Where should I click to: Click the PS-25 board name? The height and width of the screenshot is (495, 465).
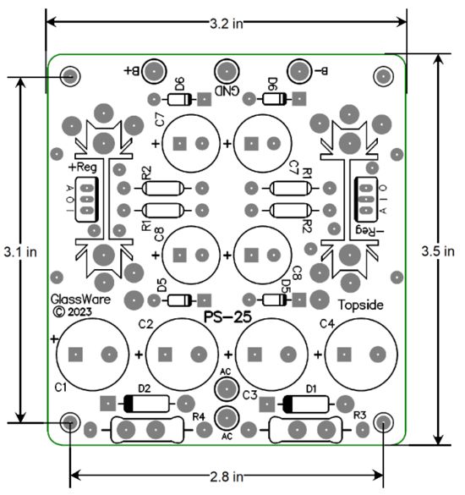point(227,316)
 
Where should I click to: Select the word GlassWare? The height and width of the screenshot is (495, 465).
point(79,300)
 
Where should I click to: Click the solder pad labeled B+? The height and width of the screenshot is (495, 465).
point(154,71)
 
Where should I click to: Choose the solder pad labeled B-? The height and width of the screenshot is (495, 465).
point(299,71)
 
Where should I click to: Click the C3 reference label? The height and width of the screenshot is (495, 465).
point(249,394)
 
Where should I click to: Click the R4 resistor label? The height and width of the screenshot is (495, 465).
point(200,415)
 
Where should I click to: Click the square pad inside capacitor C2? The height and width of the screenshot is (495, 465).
point(165,355)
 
